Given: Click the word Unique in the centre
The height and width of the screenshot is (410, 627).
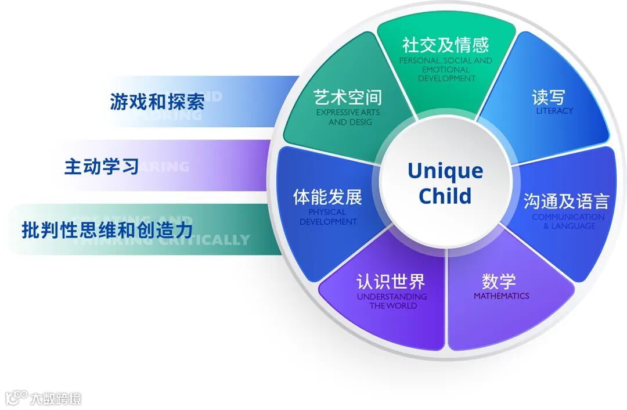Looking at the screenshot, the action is (x=445, y=171).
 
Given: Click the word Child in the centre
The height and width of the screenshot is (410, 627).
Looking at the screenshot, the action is (x=445, y=196).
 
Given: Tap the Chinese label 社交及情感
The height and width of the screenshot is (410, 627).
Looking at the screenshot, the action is (x=446, y=45).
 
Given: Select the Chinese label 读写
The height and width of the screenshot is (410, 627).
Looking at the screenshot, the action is (x=549, y=96).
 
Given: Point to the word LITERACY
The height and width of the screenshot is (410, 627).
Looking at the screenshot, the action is (x=554, y=110).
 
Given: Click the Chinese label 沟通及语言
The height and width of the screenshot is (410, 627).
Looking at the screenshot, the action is (x=566, y=201).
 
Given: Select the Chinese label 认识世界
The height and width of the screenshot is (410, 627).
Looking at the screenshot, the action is (x=391, y=282).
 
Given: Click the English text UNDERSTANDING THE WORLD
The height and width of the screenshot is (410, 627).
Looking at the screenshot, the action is (x=392, y=301).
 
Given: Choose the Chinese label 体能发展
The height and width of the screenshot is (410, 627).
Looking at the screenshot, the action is (x=328, y=197).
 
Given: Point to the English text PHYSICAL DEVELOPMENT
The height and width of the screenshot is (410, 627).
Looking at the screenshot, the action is (x=329, y=217).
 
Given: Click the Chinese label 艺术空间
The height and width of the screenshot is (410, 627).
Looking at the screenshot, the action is (x=347, y=96).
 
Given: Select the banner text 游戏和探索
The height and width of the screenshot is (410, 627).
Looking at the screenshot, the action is (x=157, y=102).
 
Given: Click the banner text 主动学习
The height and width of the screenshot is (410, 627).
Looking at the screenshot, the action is (x=102, y=167).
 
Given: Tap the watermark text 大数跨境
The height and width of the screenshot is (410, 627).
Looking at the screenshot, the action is (x=56, y=398).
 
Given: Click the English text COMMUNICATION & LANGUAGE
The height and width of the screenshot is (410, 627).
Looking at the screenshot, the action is (x=568, y=221).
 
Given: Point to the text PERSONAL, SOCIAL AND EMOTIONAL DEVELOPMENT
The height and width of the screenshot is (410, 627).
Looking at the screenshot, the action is (x=446, y=69).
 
